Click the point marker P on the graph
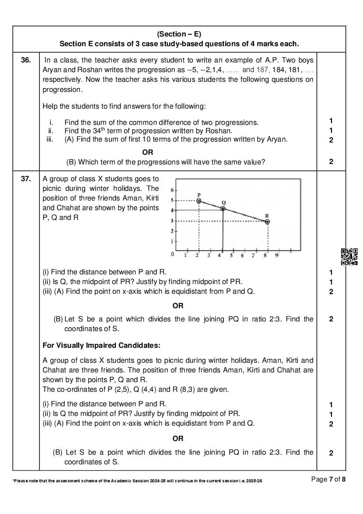pos(198,200)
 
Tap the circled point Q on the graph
pos(223,208)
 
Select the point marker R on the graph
pos(267,222)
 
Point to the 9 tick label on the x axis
pos(277,255)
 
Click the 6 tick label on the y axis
pos(172,190)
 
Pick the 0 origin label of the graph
pos(172,255)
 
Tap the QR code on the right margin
pos(349,257)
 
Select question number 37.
pos(26,179)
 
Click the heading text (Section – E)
pos(179,34)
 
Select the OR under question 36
pos(148,152)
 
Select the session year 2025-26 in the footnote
pos(255,482)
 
